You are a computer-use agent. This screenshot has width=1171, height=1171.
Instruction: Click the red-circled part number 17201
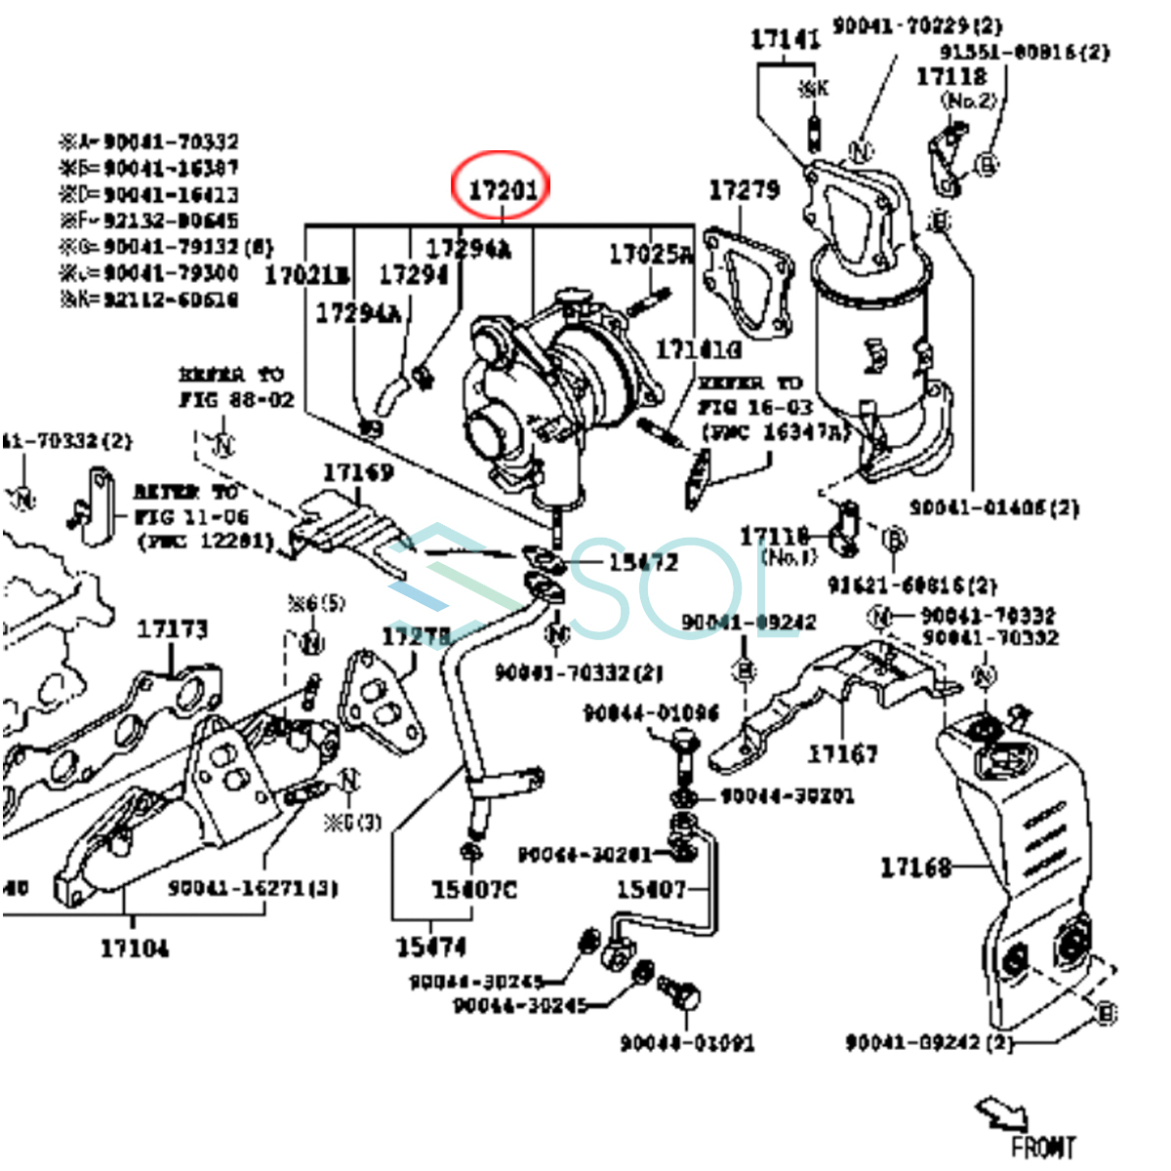click(502, 187)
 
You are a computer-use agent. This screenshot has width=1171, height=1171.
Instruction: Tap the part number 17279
click(744, 189)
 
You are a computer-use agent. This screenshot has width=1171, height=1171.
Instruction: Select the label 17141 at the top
click(785, 40)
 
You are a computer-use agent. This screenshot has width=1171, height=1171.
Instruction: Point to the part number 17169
click(358, 472)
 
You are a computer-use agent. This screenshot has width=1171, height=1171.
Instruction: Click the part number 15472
click(643, 562)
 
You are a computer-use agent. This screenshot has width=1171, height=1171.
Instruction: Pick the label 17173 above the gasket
click(173, 629)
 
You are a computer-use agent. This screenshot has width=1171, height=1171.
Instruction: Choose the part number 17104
click(135, 947)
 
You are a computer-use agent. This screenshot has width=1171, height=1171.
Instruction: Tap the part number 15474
click(431, 947)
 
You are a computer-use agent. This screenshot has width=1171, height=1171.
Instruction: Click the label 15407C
click(474, 889)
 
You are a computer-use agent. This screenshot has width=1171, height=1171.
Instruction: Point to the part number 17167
click(842, 753)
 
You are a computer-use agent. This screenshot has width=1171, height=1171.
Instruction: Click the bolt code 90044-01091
click(687, 1042)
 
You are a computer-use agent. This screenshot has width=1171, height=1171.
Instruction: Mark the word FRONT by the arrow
click(1043, 1147)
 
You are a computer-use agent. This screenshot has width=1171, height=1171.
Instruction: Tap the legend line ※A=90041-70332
click(149, 142)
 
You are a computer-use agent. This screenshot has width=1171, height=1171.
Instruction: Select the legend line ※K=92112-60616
click(149, 300)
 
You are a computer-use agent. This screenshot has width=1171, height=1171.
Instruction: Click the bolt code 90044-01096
click(650, 713)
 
